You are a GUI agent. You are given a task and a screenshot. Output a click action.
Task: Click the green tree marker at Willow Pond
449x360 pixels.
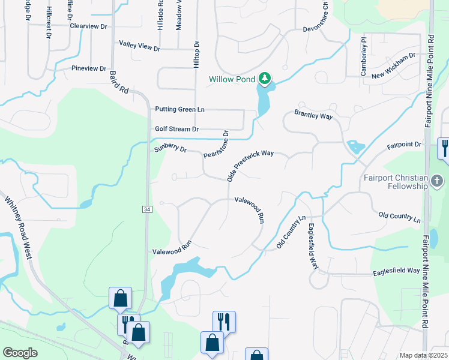coord(265,78)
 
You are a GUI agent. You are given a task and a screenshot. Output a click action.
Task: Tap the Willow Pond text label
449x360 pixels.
coord(232,79)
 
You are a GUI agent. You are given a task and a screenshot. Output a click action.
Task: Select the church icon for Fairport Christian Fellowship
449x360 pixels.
coord(438,181)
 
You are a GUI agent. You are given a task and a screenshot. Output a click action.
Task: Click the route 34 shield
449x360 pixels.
coord(147,209)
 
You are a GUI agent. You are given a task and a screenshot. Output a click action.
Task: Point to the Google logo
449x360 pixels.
coord(20,353)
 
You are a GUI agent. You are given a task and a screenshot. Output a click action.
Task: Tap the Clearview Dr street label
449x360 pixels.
coord(88,26)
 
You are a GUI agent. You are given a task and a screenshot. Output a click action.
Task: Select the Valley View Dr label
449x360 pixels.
coord(139,46)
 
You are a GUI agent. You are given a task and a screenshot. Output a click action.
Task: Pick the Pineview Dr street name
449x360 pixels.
coord(88,69)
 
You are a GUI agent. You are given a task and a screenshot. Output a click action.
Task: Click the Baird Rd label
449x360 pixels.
coord(119,82)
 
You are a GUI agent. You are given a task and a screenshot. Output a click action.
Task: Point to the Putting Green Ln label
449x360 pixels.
coord(179,109)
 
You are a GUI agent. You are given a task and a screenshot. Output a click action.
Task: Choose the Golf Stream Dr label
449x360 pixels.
coord(176,129)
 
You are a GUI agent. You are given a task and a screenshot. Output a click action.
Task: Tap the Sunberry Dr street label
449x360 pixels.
coord(170,148)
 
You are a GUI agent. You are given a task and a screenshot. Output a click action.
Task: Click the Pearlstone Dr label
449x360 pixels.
coord(217,145)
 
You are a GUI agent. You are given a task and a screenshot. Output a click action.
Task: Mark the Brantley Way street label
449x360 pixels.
coord(313,115)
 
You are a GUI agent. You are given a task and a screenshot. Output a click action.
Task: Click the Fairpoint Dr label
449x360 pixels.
coord(404,145)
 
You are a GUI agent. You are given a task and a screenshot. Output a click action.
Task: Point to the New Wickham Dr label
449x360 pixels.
coord(394,66)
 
